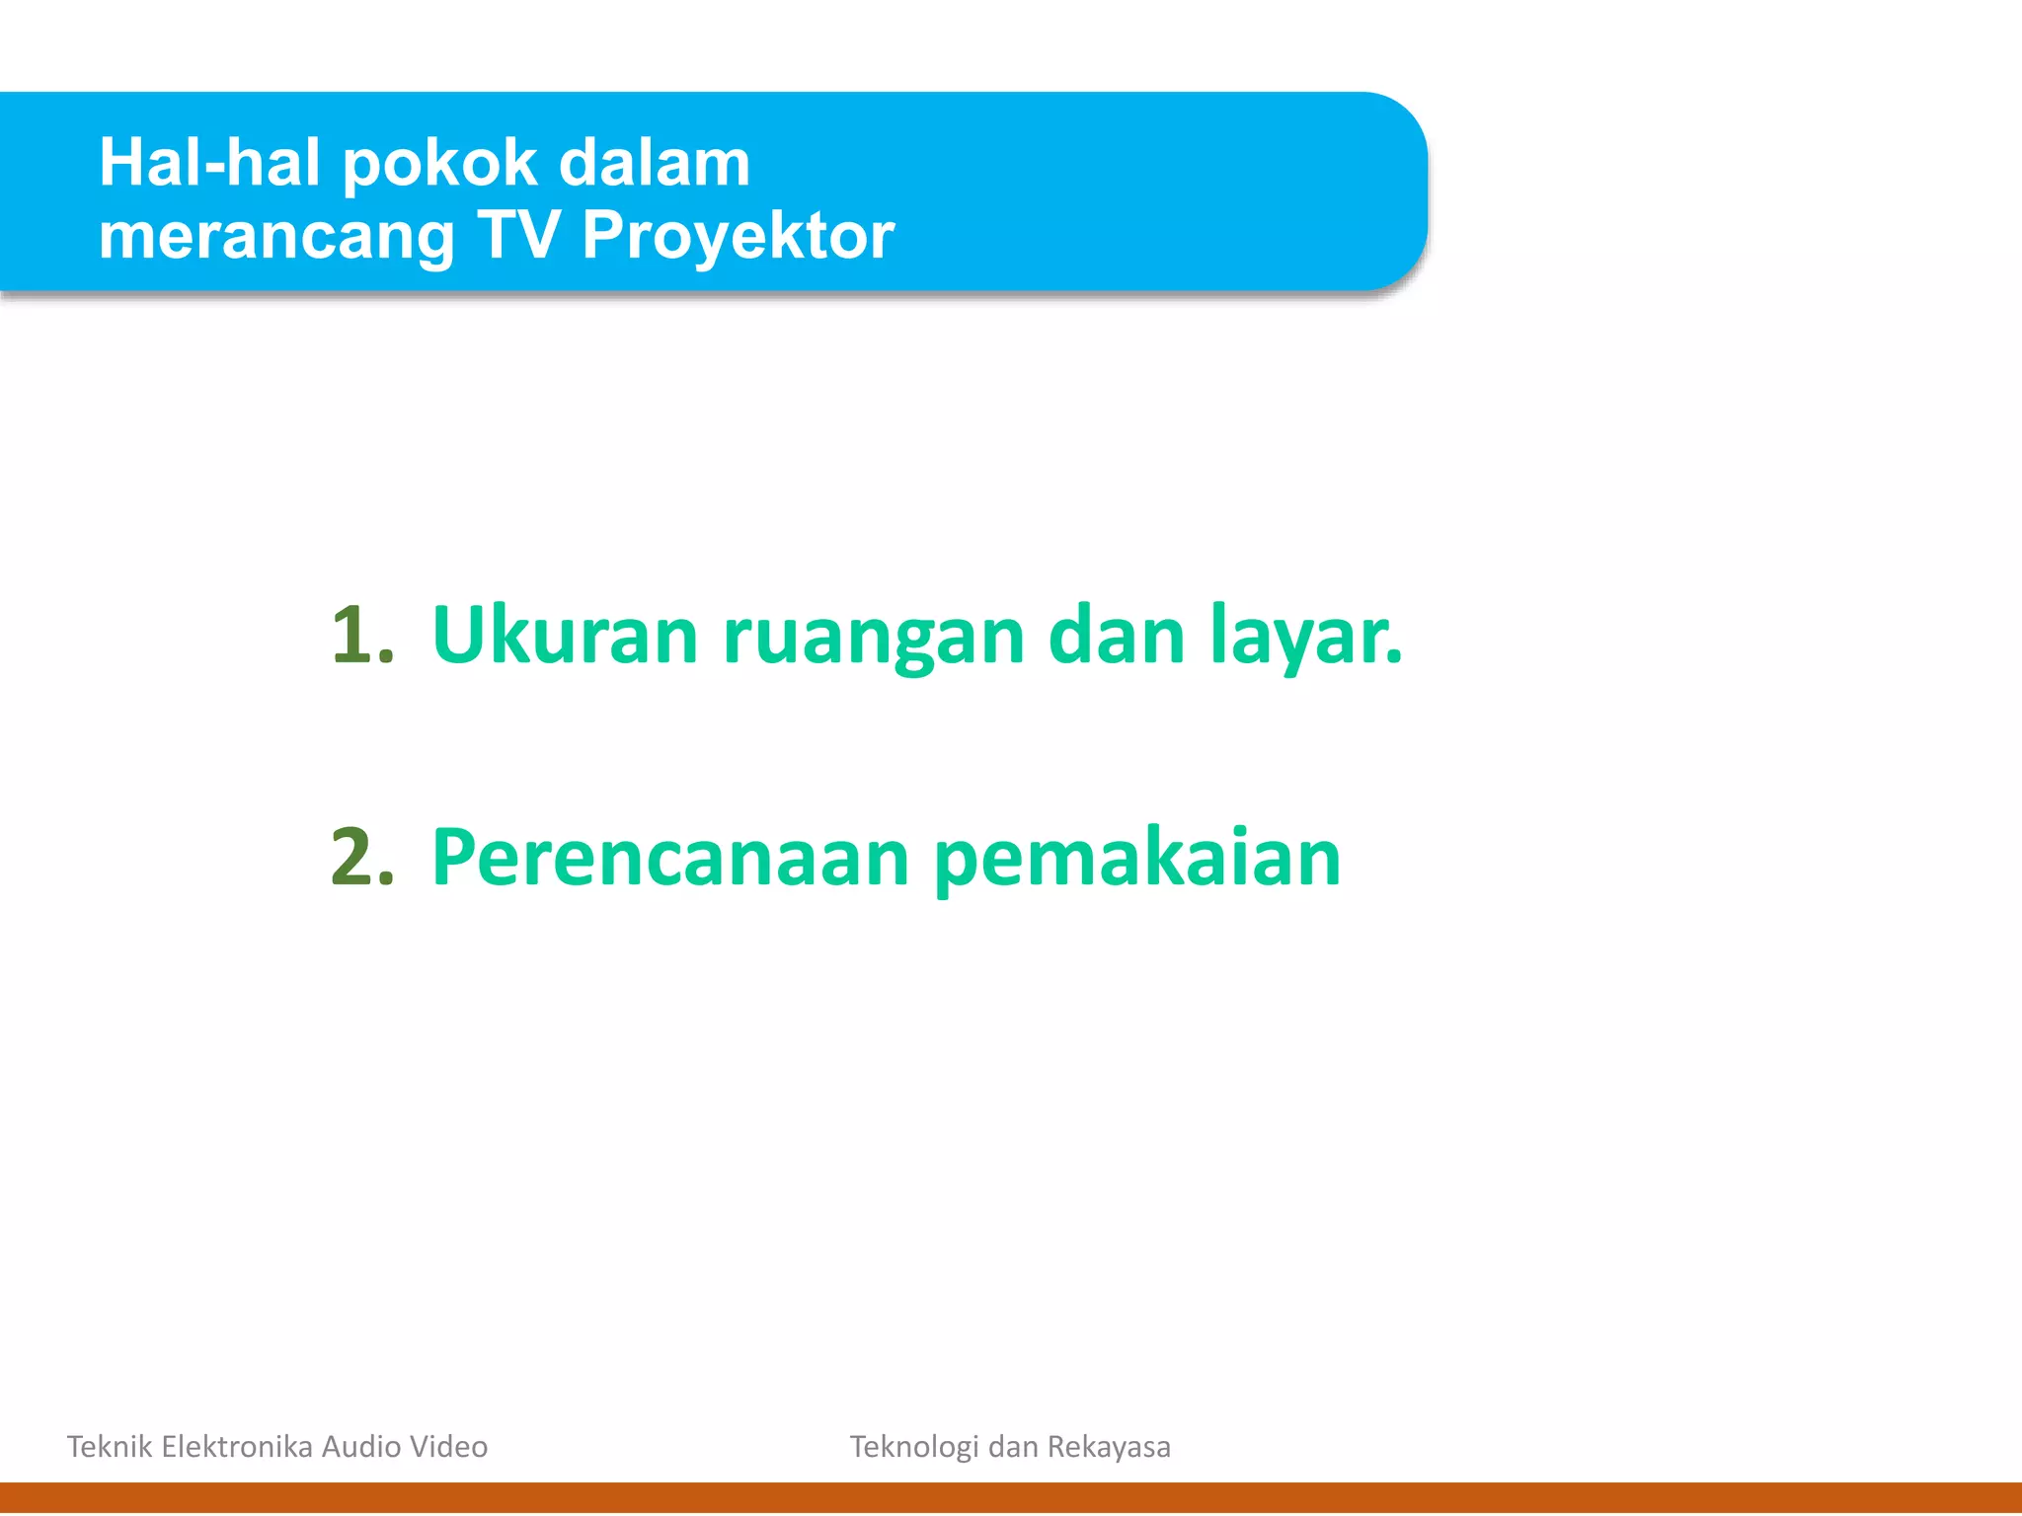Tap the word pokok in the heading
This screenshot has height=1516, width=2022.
[x=439, y=165]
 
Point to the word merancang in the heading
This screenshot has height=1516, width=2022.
[x=276, y=239]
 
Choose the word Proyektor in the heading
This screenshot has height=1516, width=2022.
[x=738, y=239]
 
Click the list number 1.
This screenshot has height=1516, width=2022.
[x=360, y=636]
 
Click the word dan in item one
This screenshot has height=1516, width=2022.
[x=1116, y=636]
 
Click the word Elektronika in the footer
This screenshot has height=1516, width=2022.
[x=237, y=1447]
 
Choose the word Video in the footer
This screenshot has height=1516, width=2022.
[x=449, y=1447]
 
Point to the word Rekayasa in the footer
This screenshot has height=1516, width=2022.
[x=1109, y=1448]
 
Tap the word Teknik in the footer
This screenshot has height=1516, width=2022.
[x=109, y=1447]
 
